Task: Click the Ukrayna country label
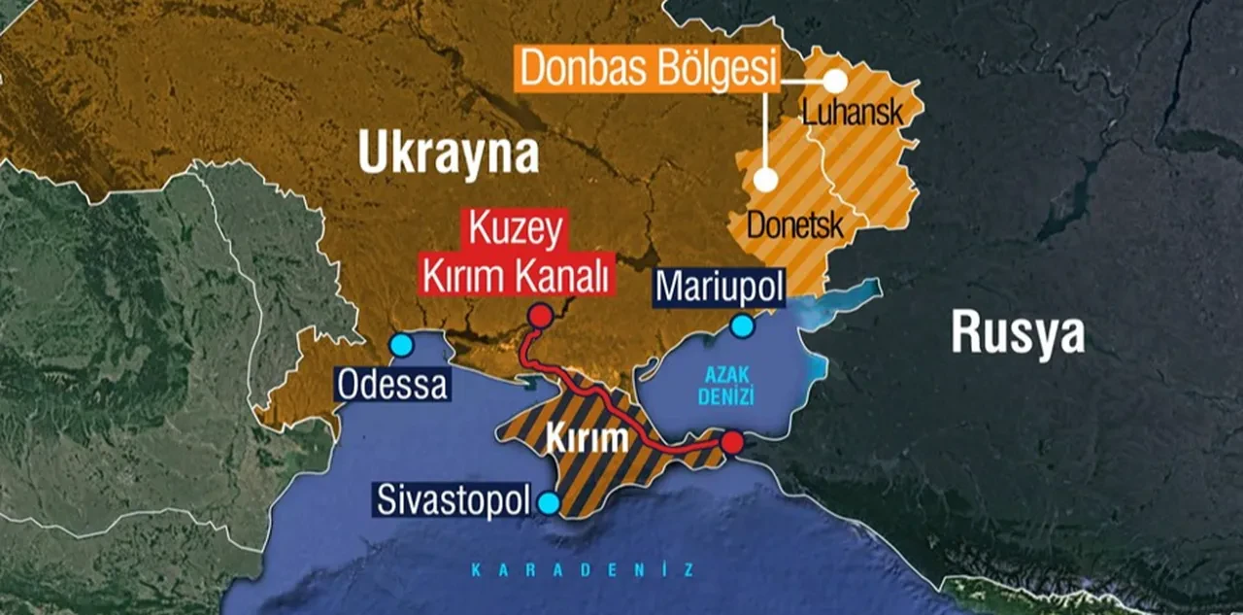click(448, 154)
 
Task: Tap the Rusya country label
click(1017, 333)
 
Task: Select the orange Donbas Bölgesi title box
click(648, 69)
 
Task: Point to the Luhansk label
click(852, 113)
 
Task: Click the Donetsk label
click(793, 224)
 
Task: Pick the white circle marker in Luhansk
click(834, 83)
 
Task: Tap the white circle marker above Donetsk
click(765, 180)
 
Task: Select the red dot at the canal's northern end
click(539, 315)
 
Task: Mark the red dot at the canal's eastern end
click(732, 442)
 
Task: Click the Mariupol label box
click(719, 287)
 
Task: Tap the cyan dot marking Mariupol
click(742, 326)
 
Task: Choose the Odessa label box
click(393, 385)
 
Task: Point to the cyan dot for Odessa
click(400, 345)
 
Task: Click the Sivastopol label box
click(454, 502)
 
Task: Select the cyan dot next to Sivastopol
click(549, 503)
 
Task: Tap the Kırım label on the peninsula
click(586, 439)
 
